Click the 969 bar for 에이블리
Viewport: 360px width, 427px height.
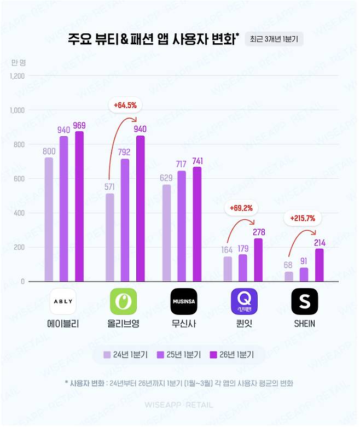coord(79,207)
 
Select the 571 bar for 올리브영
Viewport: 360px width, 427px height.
coord(110,237)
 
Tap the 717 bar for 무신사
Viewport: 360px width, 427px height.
coord(182,226)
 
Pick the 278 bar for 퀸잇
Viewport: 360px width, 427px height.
coord(258,260)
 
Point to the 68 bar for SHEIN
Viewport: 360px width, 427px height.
coord(289,277)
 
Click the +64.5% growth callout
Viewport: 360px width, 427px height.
coord(125,104)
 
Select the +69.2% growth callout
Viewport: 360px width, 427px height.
coord(241,208)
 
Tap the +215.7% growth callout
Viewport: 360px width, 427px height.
coord(303,218)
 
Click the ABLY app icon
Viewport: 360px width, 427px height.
coord(63,301)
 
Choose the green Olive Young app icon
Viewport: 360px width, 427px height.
coord(123,301)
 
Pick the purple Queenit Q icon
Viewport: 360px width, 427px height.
coord(244,301)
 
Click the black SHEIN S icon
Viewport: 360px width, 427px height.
coord(304,301)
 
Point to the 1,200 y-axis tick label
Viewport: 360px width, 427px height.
coord(18,76)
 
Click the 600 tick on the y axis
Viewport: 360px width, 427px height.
coord(20,179)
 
